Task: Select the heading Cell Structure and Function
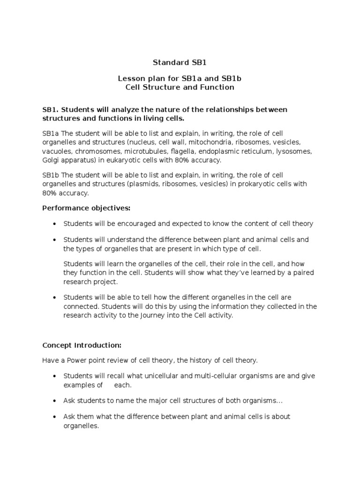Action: click(180, 87)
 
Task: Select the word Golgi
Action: click(51, 160)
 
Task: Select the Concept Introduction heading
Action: click(82, 345)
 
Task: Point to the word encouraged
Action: click(139, 224)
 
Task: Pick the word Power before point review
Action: click(75, 360)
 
